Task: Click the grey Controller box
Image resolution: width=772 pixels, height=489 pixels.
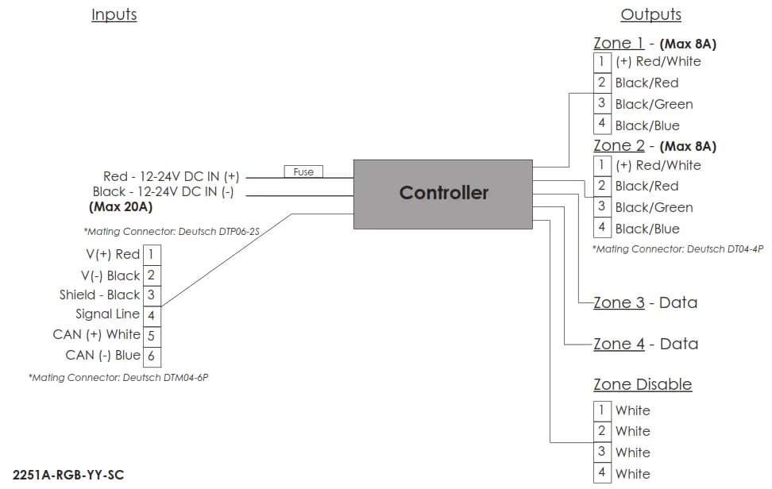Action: pyautogui.click(x=442, y=194)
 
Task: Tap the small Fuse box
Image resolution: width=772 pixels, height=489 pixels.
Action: pyautogui.click(x=303, y=171)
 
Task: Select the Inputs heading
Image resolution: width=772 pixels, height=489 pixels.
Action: pyautogui.click(x=114, y=14)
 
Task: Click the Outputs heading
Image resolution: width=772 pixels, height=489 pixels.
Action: pyautogui.click(x=650, y=14)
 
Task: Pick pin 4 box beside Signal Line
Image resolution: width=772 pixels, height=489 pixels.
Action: pyautogui.click(x=151, y=315)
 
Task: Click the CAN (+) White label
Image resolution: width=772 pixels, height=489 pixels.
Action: pyautogui.click(x=96, y=334)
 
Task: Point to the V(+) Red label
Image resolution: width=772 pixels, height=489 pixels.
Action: pyautogui.click(x=112, y=254)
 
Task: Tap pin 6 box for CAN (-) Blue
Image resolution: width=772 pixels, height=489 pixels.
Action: pyautogui.click(x=151, y=356)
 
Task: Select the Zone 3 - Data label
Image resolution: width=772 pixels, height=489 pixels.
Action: pyautogui.click(x=645, y=302)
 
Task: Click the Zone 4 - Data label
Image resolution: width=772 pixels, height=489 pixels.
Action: pyautogui.click(x=645, y=344)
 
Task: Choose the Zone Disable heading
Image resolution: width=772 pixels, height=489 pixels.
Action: pyautogui.click(x=643, y=384)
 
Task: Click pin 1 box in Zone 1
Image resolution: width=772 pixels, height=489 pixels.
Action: pyautogui.click(x=602, y=61)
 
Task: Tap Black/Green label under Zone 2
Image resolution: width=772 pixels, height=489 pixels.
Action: pyautogui.click(x=654, y=207)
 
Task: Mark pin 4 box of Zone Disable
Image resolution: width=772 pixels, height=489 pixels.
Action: pyautogui.click(x=602, y=473)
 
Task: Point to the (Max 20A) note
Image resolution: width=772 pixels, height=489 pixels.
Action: pyautogui.click(x=121, y=207)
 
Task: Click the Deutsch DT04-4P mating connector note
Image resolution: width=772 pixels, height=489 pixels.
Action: pyautogui.click(x=677, y=248)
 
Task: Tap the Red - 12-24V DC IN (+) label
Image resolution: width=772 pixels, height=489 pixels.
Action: pyautogui.click(x=171, y=176)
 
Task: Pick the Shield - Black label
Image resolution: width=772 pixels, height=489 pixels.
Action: pyautogui.click(x=99, y=295)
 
